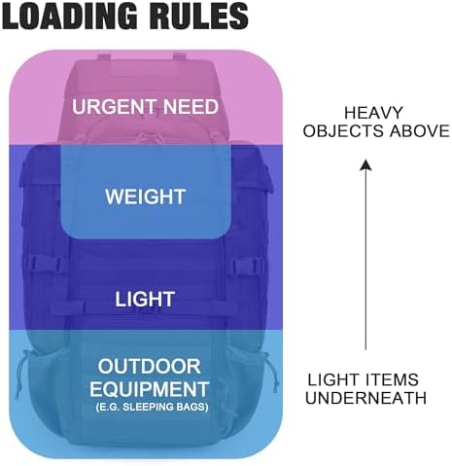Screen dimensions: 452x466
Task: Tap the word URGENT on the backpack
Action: pos(114,107)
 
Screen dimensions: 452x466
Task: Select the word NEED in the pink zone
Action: pos(191,107)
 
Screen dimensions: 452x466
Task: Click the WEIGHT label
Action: pos(146,197)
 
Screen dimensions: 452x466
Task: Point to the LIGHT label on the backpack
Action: pos(145,299)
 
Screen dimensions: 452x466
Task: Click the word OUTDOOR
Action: pos(150,367)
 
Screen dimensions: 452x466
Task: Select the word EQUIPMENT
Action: pos(150,389)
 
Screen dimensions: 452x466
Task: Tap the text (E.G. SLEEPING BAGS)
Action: pos(152,407)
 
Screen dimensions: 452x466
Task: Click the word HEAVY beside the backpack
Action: pos(373,113)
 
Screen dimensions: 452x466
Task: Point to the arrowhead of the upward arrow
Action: pos(365,164)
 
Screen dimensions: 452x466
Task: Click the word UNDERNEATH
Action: pos(365,398)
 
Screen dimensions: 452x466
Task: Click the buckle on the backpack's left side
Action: pos(45,264)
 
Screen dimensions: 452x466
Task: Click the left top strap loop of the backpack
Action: pos(104,56)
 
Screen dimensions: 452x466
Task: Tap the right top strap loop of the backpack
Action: pos(180,55)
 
